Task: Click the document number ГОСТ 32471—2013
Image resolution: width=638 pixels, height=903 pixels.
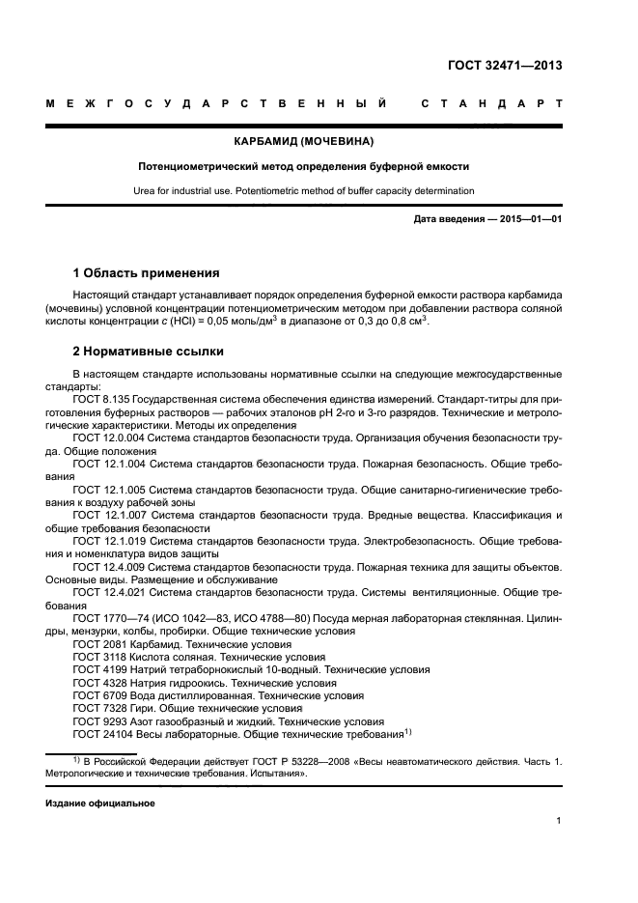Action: pyautogui.click(x=505, y=66)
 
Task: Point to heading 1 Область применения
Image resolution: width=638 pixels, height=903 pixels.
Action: pyautogui.click(x=146, y=272)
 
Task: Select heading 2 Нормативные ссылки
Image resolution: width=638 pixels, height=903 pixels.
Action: pyautogui.click(x=148, y=351)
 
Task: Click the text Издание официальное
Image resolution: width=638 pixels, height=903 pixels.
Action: pyautogui.click(x=99, y=803)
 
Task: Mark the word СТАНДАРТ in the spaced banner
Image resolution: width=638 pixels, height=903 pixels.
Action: pyautogui.click(x=490, y=103)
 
